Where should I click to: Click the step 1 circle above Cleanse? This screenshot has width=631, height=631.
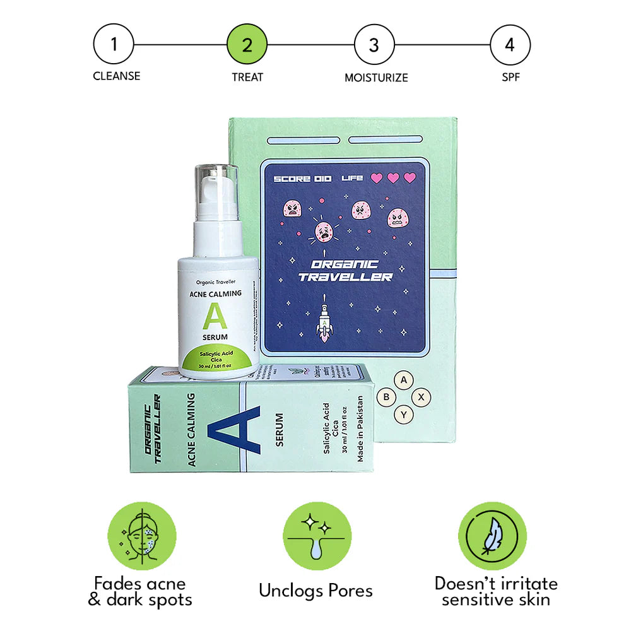coord(114,45)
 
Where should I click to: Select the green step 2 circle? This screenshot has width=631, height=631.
coord(247,45)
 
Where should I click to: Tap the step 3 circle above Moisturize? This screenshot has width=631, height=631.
coord(374,45)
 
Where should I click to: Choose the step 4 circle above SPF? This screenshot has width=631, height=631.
coord(510,45)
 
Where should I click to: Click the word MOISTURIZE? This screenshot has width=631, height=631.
coord(376,78)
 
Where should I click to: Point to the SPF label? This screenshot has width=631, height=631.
coord(510,76)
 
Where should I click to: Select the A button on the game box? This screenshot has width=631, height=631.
coord(404,380)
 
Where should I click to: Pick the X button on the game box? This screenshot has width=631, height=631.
coord(422,398)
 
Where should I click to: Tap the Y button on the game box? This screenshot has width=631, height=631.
coord(404,415)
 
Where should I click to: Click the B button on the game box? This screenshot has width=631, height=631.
coord(386,398)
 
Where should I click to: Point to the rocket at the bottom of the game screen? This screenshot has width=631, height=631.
coord(326,322)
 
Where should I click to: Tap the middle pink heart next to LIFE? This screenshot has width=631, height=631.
coord(392,178)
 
